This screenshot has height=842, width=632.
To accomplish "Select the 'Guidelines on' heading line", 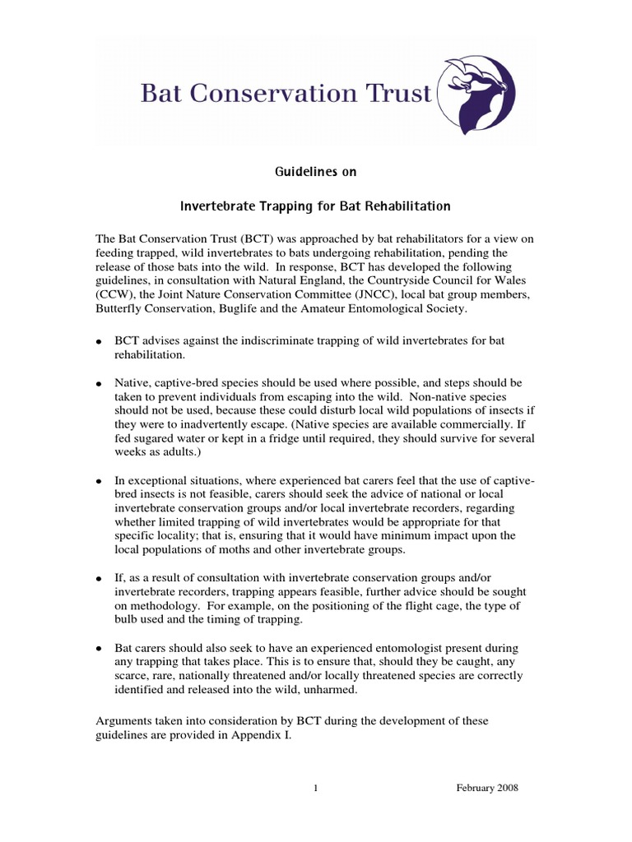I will tap(316, 172).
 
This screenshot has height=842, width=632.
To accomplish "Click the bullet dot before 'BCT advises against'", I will tap(99, 341).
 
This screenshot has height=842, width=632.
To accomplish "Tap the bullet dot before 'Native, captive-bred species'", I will tap(99, 384).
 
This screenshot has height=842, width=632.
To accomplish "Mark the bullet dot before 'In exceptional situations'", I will tap(99, 479).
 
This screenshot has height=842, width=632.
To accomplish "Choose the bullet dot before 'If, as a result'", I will tap(99, 579).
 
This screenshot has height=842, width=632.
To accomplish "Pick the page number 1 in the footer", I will tap(315, 788).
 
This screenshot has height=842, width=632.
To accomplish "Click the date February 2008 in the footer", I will tap(487, 788).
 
